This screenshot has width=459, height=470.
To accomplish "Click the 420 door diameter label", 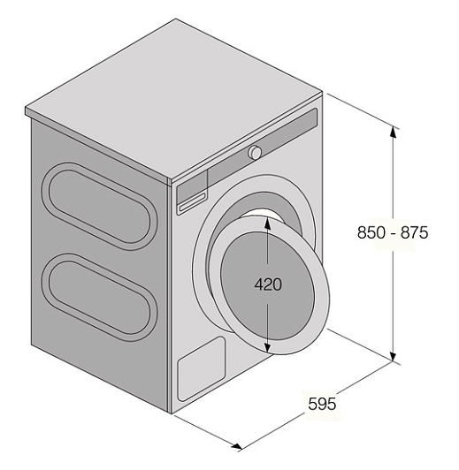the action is click(x=268, y=284).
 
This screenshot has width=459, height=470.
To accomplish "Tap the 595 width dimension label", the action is click(x=322, y=404).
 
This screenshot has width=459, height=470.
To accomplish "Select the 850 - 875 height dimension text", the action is click(x=393, y=232).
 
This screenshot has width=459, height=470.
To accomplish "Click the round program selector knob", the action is click(x=255, y=152).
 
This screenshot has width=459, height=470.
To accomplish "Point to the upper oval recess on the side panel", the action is click(x=99, y=207).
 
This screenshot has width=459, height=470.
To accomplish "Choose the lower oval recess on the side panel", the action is click(x=99, y=297).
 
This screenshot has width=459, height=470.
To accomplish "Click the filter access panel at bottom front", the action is click(x=202, y=368).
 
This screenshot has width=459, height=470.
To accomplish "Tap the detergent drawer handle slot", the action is click(x=192, y=203).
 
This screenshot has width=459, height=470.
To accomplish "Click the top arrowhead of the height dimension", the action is click(x=394, y=133).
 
